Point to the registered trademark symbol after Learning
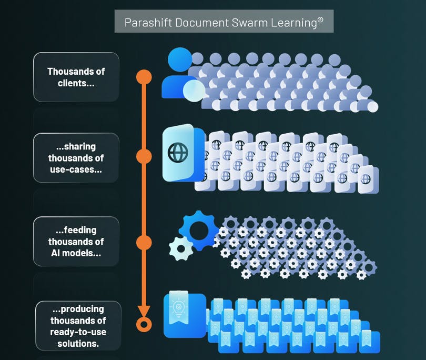point(320,19)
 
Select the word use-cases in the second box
point(74,169)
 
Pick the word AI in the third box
point(57,253)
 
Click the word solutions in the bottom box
point(78,344)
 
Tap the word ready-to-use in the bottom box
point(78,332)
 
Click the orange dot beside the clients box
point(144,77)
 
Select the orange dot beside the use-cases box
point(144,156)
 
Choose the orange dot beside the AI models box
point(144,242)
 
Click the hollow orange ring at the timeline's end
point(144,324)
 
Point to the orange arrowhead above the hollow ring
point(144,311)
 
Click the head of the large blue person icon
point(179,59)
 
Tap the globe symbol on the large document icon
point(177,152)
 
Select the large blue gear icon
point(198,230)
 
